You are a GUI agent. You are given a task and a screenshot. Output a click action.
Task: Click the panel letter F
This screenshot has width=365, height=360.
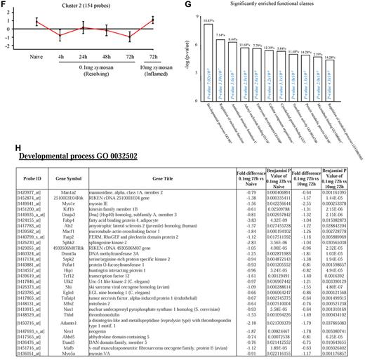[x=5, y=5]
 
